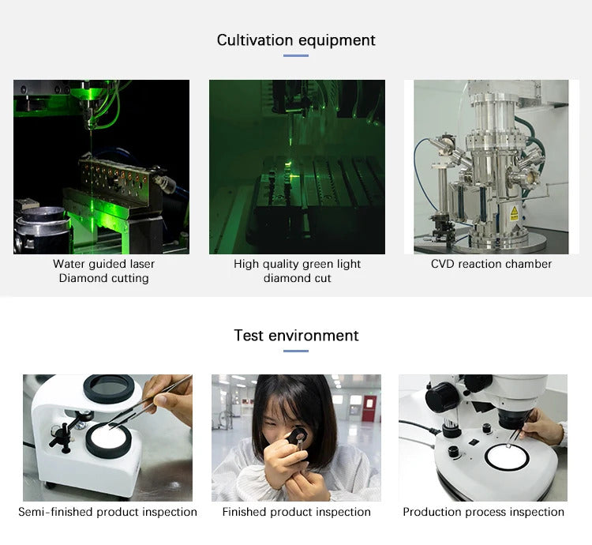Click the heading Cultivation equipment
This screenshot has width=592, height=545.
tap(296, 40)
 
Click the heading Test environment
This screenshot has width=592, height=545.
tap(296, 336)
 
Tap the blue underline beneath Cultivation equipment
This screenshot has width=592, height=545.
tap(296, 55)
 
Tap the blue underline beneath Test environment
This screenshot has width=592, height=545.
tap(296, 351)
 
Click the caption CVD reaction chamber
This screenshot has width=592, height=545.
tap(491, 264)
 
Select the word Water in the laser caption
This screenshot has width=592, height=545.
tap(69, 264)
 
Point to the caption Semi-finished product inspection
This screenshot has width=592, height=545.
tap(107, 512)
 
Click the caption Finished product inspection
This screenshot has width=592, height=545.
tap(296, 512)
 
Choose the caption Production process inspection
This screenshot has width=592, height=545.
tap(483, 512)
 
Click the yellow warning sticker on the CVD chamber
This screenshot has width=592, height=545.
tap(514, 213)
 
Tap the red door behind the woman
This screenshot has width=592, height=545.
tap(367, 408)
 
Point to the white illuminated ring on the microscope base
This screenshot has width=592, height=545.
tap(507, 457)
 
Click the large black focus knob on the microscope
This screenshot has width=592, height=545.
tap(443, 396)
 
